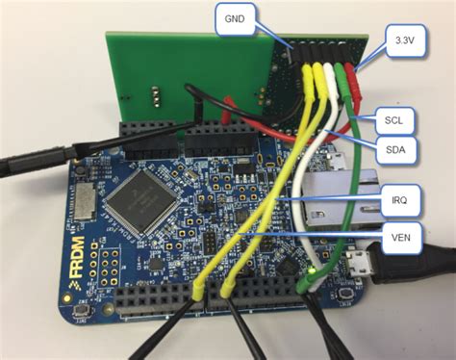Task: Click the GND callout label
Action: [234, 18]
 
